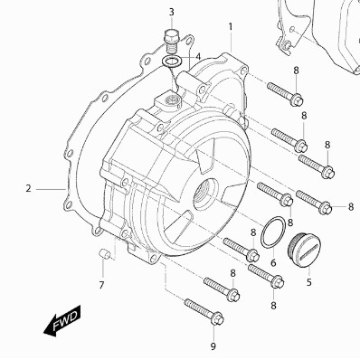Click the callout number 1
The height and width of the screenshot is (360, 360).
pos(231,27)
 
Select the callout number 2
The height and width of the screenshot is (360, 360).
pos(28,189)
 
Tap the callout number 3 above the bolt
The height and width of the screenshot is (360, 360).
pos(171,13)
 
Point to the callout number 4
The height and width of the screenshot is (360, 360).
pos(198,57)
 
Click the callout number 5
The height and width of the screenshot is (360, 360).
pos(309,282)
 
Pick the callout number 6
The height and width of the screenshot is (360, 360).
pos(273,263)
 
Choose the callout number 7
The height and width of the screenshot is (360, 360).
pos(101,285)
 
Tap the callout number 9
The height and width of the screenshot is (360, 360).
pos(213,346)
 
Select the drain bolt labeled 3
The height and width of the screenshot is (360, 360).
pos(172,41)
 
